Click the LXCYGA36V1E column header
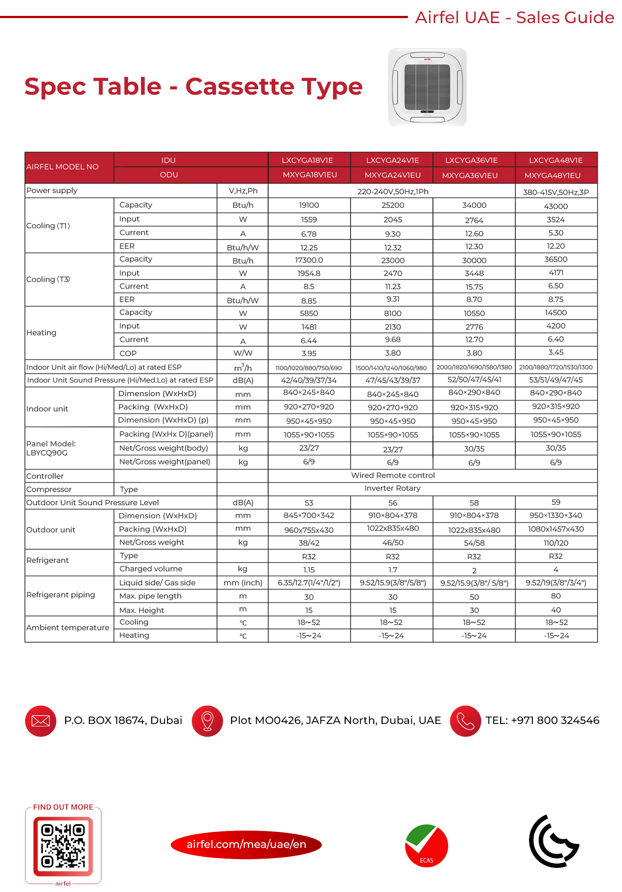coord(471,160)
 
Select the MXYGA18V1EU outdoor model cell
coord(310,175)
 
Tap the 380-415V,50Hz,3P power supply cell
coord(555,192)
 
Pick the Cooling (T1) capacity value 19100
coord(309,205)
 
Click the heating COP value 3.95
coord(309,353)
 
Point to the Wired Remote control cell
coord(393,475)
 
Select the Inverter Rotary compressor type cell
coord(392,488)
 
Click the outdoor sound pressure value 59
coord(555,502)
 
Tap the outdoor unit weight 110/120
coord(555,543)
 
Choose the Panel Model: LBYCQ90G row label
coord(51,448)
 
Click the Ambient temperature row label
coord(68,627)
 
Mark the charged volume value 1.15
coord(309,570)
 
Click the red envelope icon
coord(41,721)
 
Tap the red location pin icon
coord(207,721)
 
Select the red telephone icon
coord(465,721)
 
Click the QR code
coord(63,846)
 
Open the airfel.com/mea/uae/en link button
coord(246,844)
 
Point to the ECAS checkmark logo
coord(426,845)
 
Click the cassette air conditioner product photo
coord(427,87)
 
